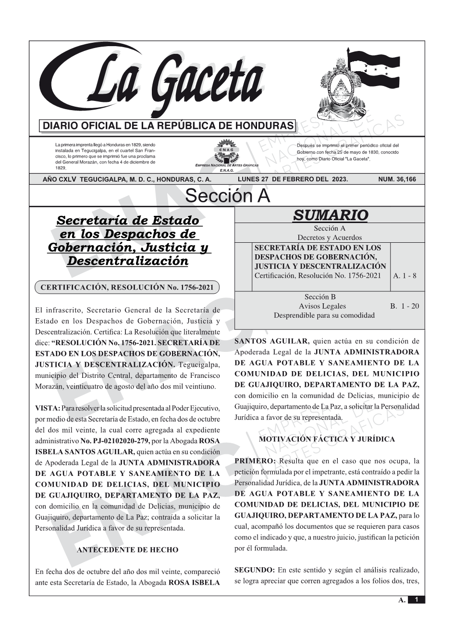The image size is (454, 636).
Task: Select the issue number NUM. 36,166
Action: coord(397,179)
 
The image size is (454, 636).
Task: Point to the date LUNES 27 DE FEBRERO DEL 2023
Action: coord(293,179)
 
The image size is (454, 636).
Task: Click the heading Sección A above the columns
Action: coord(227,196)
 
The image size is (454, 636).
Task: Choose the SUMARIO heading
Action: coord(330,215)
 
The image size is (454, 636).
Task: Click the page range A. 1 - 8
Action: coord(405,276)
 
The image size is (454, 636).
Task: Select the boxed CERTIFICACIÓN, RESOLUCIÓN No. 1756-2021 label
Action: coord(127,288)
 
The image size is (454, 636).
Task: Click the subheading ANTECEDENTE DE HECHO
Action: coord(127,550)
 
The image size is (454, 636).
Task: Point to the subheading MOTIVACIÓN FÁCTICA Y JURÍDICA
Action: coord(327,439)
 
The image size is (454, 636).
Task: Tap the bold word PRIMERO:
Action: coord(255,461)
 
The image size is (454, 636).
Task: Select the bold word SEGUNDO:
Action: coord(255,571)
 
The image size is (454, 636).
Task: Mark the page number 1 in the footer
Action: coord(417,600)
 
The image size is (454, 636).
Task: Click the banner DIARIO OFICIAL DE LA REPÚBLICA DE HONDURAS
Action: coord(168,126)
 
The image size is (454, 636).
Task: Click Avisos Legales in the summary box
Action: coord(322,306)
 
